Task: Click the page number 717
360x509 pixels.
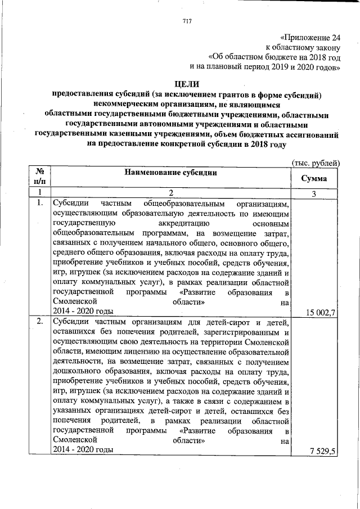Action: click(x=187, y=21)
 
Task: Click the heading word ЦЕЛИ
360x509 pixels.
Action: click(x=187, y=84)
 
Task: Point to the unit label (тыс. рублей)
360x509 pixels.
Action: click(x=316, y=163)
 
